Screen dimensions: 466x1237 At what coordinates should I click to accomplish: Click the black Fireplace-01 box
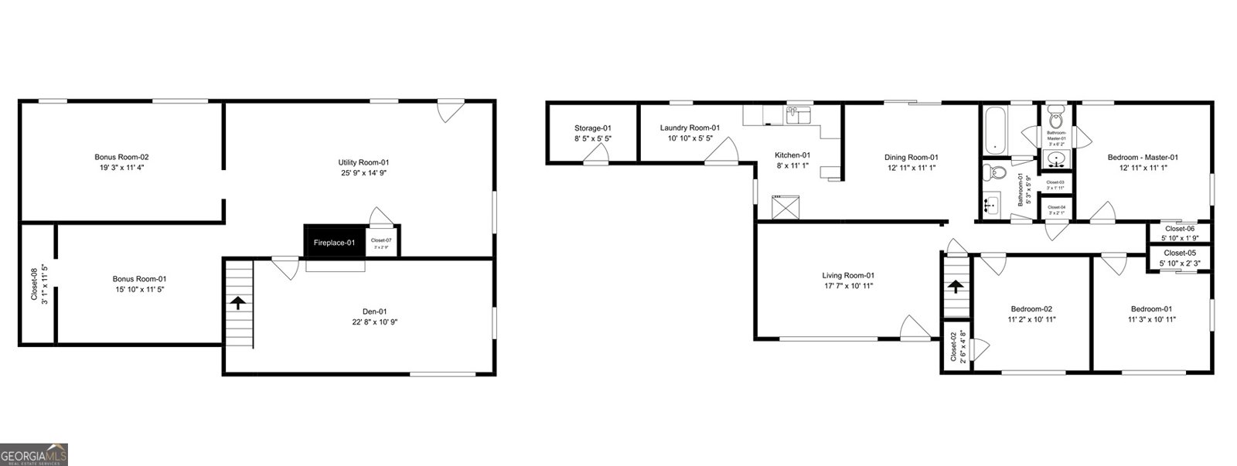[334, 242]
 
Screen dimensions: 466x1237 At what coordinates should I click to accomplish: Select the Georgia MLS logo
[34, 454]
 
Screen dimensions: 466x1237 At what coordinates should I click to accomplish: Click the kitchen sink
[797, 117]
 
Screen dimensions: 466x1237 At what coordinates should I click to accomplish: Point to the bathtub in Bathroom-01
[994, 129]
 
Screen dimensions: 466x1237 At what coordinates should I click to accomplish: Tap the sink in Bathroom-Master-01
[1056, 160]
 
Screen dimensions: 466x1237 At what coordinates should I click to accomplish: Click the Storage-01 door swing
[596, 156]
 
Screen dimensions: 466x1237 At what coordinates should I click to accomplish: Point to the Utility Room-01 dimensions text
[362, 173]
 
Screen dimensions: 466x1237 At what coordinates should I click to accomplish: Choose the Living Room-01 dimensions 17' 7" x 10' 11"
[848, 286]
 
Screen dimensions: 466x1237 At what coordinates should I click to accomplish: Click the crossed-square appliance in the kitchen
[786, 207]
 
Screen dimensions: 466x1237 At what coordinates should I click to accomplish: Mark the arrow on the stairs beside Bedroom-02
[956, 287]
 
